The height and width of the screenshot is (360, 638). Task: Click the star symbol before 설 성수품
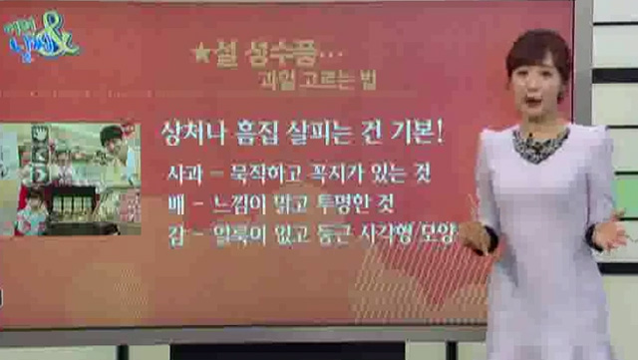[200, 55]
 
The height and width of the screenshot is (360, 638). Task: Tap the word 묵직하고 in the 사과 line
[268, 175]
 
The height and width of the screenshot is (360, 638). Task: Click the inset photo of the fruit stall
[69, 180]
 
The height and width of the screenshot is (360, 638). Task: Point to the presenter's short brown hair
[538, 50]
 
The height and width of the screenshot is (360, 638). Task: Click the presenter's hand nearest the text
[475, 235]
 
